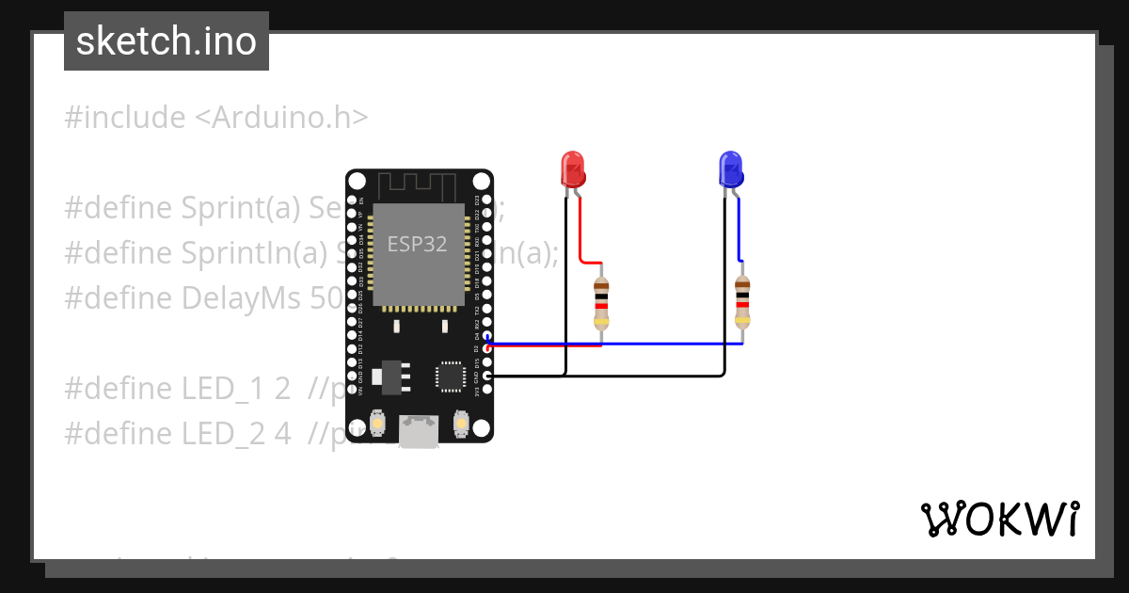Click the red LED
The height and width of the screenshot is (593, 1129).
[573, 168]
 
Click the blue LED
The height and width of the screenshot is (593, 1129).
[730, 168]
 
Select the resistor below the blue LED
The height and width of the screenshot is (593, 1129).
[742, 301]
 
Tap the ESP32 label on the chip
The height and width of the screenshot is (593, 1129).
[417, 244]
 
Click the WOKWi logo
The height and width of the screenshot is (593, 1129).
[999, 519]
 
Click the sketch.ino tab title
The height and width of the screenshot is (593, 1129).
[167, 41]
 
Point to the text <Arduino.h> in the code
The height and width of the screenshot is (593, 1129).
[281, 118]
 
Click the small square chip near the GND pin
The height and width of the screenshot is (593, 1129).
[450, 376]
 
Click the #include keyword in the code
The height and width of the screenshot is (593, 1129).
[125, 118]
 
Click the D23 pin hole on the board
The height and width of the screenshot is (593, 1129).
[486, 200]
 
